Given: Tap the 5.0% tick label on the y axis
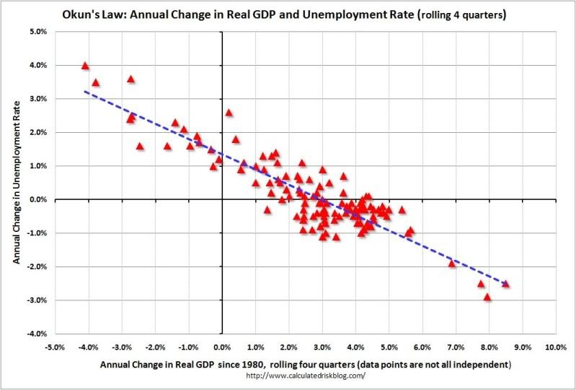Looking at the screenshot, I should tap(37, 32).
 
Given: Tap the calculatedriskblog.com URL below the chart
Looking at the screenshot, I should tap(306, 375).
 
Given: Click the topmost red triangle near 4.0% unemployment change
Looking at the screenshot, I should tap(85, 66).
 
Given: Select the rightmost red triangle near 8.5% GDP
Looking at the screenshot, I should tap(505, 284).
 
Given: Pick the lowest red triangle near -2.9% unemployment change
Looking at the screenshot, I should tap(487, 297).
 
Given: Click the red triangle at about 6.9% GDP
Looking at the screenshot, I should tap(452, 264).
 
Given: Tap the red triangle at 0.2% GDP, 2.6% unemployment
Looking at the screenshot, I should tap(229, 113).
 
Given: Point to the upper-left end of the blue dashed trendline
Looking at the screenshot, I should tap(85, 91).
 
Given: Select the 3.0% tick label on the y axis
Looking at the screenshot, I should tap(37, 99).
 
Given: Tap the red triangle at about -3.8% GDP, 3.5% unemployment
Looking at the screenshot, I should tap(95, 82).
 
